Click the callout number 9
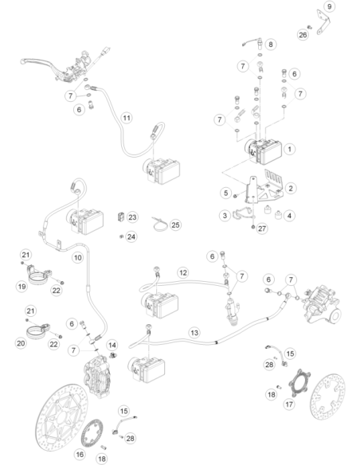click(x=329, y=6)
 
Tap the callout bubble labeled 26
click(x=303, y=35)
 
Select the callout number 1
click(x=290, y=149)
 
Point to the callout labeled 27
click(x=262, y=229)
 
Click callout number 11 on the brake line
click(x=127, y=118)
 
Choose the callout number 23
click(x=132, y=217)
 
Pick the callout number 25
click(x=175, y=225)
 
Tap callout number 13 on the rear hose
click(x=194, y=333)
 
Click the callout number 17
click(x=289, y=404)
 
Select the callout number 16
click(x=80, y=455)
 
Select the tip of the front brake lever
click(x=22, y=62)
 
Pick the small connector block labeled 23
click(x=121, y=217)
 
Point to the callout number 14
click(x=112, y=346)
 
